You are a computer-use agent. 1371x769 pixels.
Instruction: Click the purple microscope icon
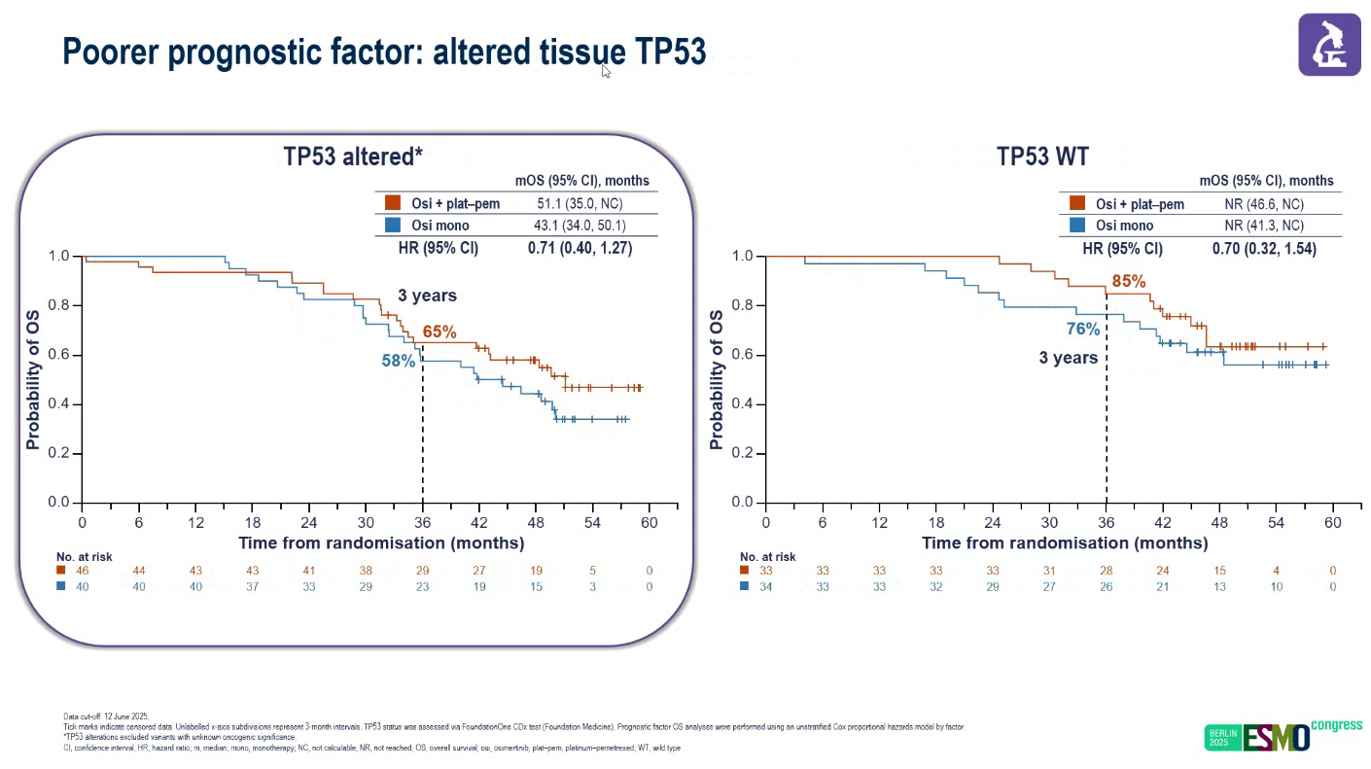[x=1329, y=45]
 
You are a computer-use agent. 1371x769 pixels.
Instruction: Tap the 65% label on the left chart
[x=439, y=332]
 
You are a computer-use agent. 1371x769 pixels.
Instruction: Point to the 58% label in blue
[x=398, y=361]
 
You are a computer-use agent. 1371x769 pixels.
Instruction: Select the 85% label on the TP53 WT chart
[x=1129, y=282]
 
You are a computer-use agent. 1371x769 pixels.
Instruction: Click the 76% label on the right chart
[x=1082, y=330]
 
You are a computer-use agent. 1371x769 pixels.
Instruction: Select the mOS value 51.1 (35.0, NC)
[x=580, y=203]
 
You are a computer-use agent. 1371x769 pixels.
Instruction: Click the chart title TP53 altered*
[x=353, y=157]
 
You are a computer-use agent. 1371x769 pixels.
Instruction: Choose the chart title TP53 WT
[x=1042, y=157]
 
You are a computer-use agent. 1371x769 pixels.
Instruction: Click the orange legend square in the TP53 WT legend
[x=1076, y=203]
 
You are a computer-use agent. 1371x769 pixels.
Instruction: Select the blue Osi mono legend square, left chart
[x=393, y=226]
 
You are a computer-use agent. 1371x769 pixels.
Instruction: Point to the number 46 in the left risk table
[x=83, y=571]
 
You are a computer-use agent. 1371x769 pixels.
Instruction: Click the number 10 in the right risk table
[x=1276, y=586]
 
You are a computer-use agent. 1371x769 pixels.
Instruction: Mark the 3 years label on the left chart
[x=426, y=296]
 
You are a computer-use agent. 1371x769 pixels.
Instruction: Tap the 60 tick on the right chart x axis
[x=1332, y=523]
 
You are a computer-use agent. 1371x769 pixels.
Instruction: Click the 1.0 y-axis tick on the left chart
[x=59, y=257]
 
